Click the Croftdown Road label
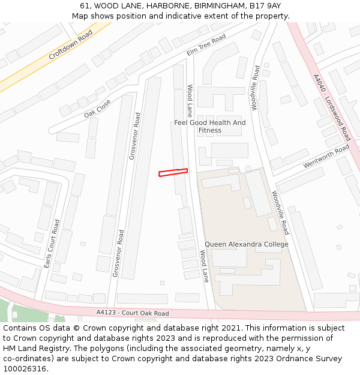[x=71, y=45]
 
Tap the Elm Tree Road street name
[x=206, y=45]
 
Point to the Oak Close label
[x=97, y=108]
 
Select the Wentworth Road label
[x=326, y=155]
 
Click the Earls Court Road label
[x=52, y=243]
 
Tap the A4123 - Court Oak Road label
[x=133, y=313]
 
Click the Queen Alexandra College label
[x=247, y=244]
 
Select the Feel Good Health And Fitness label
[x=210, y=127]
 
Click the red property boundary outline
[x=173, y=173]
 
